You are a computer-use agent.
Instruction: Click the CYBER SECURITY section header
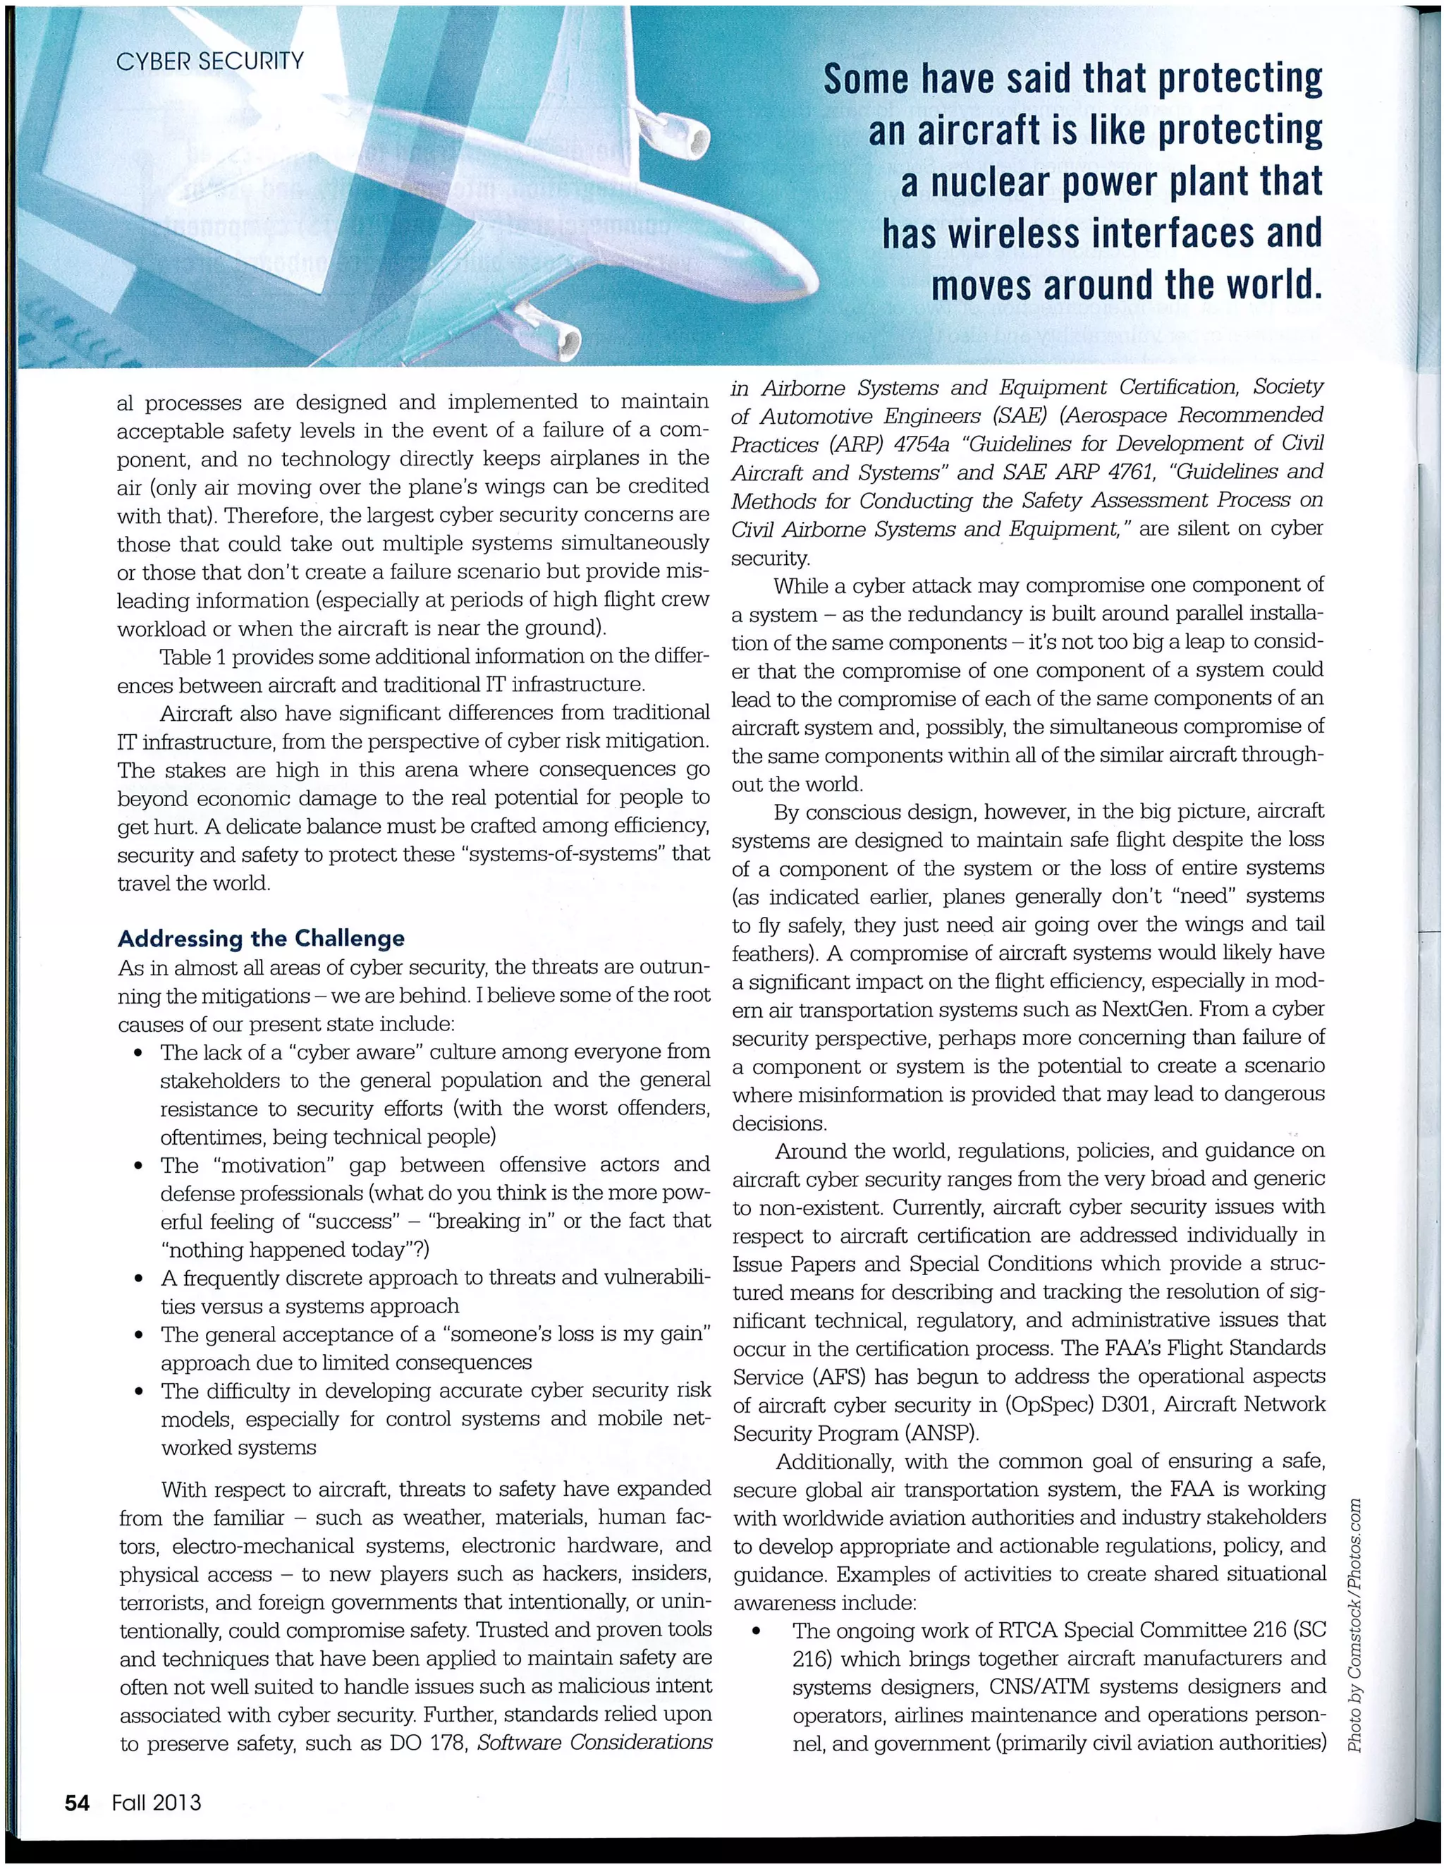[209, 61]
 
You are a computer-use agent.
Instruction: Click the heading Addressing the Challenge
[261, 939]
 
